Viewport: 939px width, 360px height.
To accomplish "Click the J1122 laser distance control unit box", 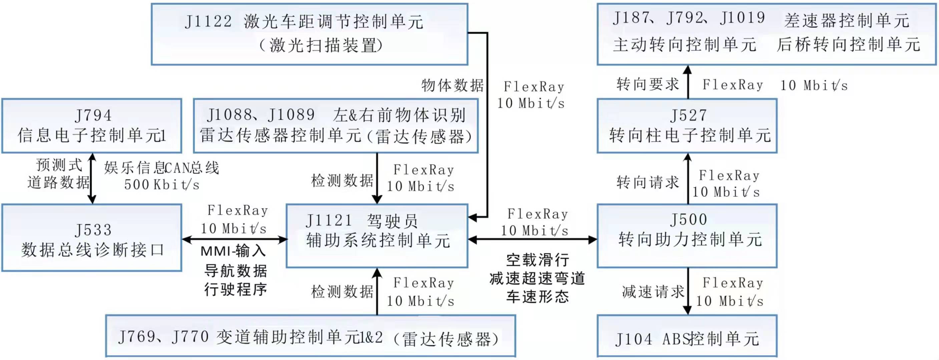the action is click(310, 34).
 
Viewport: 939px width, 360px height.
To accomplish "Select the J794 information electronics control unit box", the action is click(91, 126).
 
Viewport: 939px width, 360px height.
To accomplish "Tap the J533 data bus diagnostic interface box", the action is click(91, 238).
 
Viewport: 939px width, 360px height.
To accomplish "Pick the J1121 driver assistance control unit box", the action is click(377, 236).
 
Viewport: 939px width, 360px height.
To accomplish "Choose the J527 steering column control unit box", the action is click(687, 126).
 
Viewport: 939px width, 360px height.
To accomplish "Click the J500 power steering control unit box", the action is click(687, 236).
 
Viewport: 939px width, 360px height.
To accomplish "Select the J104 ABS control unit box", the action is click(687, 336).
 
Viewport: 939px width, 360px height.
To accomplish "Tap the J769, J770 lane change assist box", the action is click(311, 336).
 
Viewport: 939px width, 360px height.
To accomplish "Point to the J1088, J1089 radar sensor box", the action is click(336, 126).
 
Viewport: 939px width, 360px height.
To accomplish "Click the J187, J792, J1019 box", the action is click(766, 34).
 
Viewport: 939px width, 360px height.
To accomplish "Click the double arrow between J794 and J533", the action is click(92, 179).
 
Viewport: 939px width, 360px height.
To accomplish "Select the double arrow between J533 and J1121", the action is click(234, 239).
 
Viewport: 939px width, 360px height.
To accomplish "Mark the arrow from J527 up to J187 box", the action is click(687, 82).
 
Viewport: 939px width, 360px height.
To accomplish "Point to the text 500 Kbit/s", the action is click(162, 185).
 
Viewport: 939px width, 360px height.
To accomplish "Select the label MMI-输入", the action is click(233, 251).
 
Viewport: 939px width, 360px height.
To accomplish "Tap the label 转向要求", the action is click(648, 85).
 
